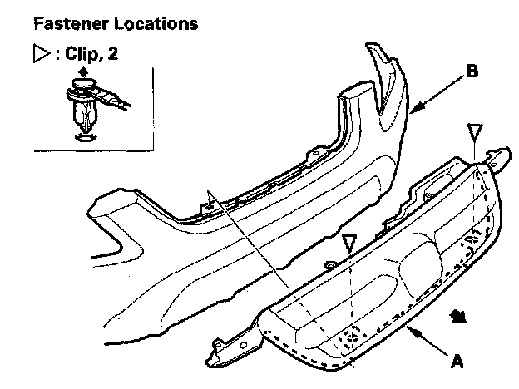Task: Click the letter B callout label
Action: (472, 72)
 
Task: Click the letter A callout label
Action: (456, 362)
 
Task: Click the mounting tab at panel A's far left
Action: (225, 344)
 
